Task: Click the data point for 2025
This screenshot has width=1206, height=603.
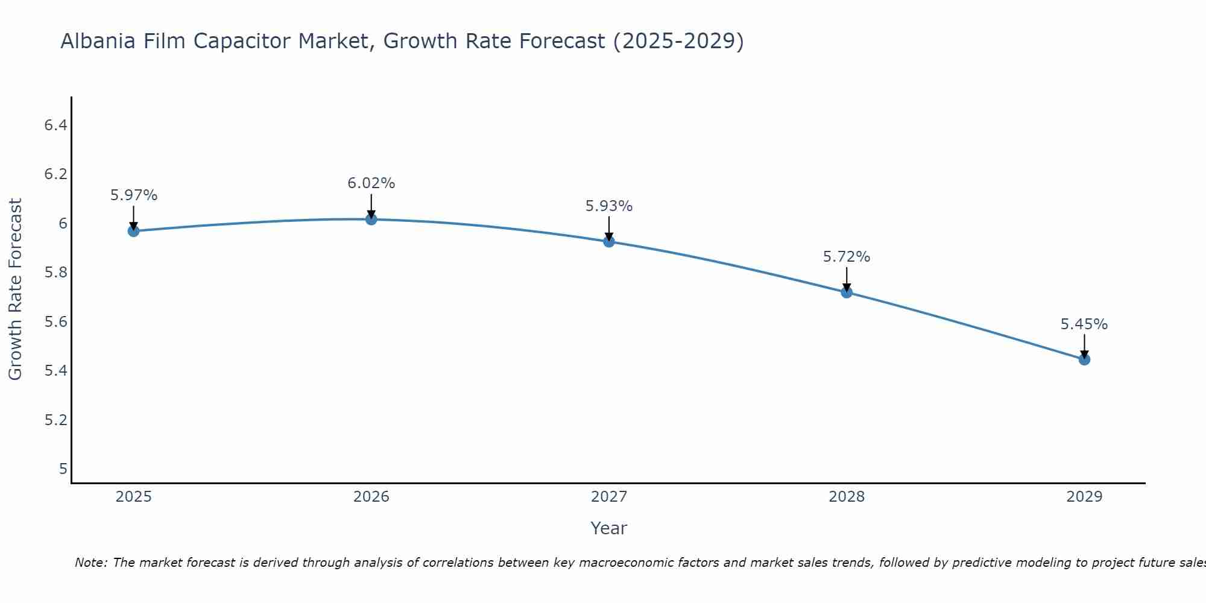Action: pos(133,231)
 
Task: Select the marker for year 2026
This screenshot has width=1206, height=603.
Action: pos(371,219)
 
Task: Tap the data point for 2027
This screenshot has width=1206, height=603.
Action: pos(609,241)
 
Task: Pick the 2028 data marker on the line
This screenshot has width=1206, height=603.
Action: pos(847,292)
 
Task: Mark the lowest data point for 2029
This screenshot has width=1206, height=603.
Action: pos(1084,359)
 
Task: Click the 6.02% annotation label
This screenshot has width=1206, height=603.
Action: pos(371,183)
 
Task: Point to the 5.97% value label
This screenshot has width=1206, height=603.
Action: pos(134,195)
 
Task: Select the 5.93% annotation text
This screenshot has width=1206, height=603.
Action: pos(609,206)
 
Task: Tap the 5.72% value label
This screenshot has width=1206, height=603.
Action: pos(847,257)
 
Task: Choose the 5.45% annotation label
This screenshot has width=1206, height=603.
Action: pos(1084,324)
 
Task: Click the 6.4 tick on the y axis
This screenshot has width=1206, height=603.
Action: pos(55,125)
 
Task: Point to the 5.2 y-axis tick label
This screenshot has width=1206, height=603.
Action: pos(55,420)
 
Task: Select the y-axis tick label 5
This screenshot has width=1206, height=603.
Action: pos(63,469)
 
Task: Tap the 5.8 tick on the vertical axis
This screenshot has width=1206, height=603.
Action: pos(55,273)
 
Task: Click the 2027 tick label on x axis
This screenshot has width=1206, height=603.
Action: pos(609,497)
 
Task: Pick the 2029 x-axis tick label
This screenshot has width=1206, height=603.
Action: pos(1084,497)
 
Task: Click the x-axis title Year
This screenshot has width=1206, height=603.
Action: pos(609,528)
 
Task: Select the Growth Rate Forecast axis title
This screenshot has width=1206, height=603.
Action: pos(15,289)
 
